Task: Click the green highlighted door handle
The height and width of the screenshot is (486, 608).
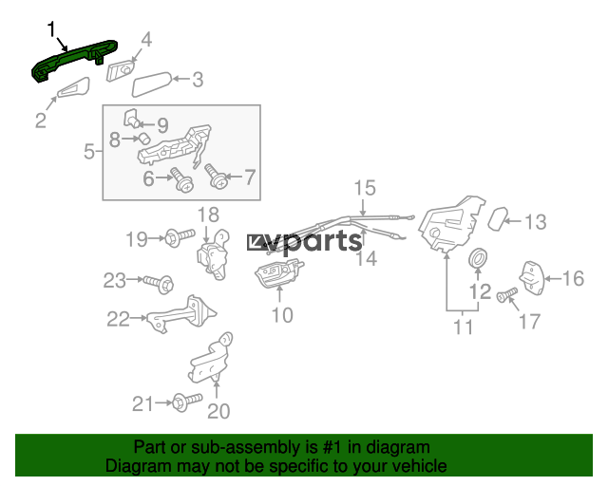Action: coord(73,59)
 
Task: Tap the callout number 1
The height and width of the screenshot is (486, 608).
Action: coord(51,29)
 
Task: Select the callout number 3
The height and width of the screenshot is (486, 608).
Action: coord(198,80)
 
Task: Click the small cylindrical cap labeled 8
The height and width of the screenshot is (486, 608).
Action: coord(144,138)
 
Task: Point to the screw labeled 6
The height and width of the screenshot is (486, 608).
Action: coord(181,179)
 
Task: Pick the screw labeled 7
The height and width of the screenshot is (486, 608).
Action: coord(216,177)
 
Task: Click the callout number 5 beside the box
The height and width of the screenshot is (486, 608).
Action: coord(89,151)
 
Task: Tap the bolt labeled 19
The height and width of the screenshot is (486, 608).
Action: coord(180,236)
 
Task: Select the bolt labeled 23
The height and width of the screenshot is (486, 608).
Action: coord(159,284)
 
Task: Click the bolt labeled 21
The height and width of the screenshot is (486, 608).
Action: coord(187,402)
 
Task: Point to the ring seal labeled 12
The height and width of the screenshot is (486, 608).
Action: coord(478,258)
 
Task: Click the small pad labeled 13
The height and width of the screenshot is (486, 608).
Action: coord(498,219)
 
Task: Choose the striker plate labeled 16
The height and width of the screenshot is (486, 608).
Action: coord(532,277)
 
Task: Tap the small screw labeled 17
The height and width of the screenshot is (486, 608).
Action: coord(506,295)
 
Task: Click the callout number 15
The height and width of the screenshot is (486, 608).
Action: coord(365,188)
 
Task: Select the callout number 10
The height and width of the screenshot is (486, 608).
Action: coord(282,315)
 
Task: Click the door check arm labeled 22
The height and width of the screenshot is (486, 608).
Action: coord(181,315)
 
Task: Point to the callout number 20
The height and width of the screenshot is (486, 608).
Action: coord(218,411)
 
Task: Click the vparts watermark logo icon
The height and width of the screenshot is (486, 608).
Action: coord(256,243)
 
